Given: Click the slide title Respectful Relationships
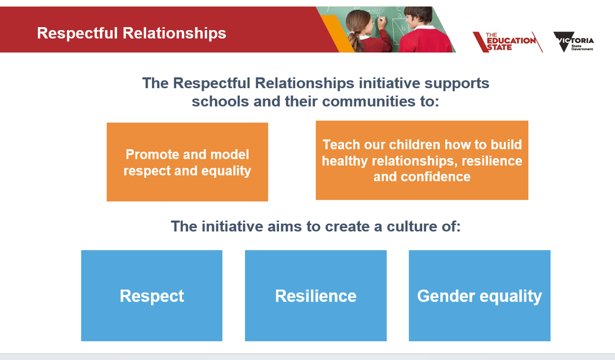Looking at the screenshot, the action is tap(132, 33).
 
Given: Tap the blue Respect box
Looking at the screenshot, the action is tap(152, 295).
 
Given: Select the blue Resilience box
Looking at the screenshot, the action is tap(316, 295).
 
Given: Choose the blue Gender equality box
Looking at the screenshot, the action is tap(480, 295).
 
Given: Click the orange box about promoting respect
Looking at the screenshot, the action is tap(187, 162).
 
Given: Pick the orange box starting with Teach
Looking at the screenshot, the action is tap(422, 160).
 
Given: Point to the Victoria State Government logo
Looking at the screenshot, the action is tap(573, 42).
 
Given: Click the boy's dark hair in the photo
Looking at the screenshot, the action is tap(418, 15).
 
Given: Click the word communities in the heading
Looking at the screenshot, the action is tap(368, 101).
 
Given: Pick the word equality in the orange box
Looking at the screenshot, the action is tap(226, 171).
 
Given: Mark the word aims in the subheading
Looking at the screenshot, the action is tap(285, 227).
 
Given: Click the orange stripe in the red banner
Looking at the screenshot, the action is tap(337, 33).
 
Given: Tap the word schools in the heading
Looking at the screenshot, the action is tap(220, 101).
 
